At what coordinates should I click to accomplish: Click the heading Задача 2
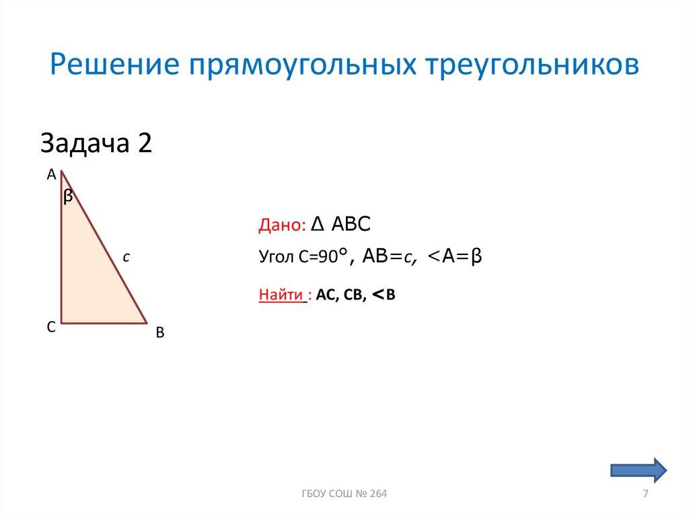click(x=96, y=144)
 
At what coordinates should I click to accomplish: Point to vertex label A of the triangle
click(x=51, y=175)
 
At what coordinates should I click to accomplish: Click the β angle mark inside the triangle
click(x=68, y=196)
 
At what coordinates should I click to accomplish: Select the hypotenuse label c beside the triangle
click(x=126, y=256)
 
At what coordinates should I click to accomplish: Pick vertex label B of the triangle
click(x=159, y=332)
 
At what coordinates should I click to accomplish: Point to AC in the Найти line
click(x=326, y=295)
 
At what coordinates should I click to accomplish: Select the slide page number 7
click(x=646, y=494)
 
